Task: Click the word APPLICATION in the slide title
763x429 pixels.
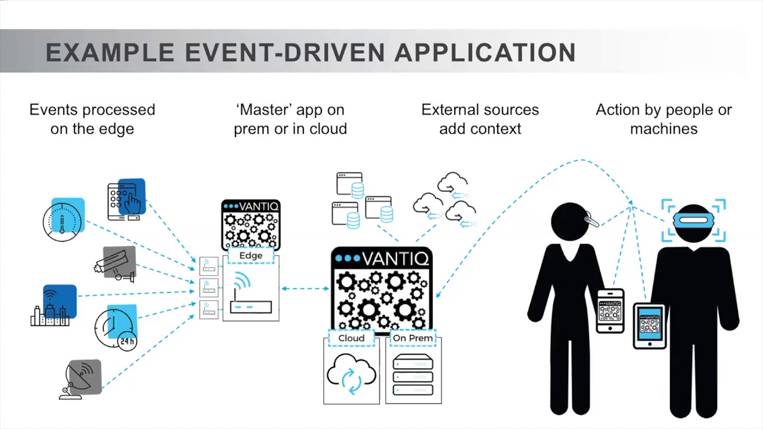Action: (x=485, y=52)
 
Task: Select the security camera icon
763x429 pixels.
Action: (x=116, y=263)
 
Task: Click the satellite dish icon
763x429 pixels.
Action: (x=81, y=379)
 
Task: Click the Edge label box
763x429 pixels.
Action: (x=250, y=256)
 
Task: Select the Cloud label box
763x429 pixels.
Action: (x=351, y=338)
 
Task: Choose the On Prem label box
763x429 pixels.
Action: (x=412, y=338)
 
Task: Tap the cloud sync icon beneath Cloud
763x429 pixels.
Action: (x=351, y=374)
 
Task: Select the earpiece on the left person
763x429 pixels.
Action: (x=591, y=221)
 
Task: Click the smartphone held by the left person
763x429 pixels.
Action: (x=610, y=310)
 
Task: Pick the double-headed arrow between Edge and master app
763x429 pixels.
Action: (x=305, y=288)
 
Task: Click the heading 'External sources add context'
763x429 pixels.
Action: (x=480, y=119)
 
